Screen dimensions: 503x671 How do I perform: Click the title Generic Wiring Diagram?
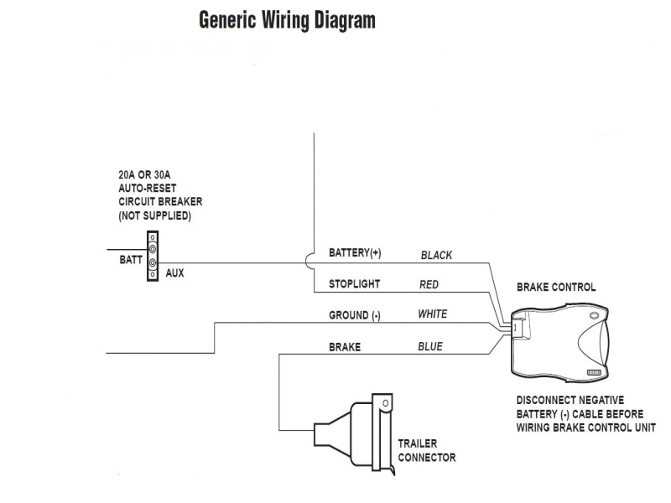pyautogui.click(x=287, y=20)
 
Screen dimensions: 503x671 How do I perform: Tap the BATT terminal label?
pyautogui.click(x=130, y=260)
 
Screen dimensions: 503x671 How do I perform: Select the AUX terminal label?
pyautogui.click(x=174, y=273)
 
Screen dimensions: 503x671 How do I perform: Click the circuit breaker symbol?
pyautogui.click(x=153, y=256)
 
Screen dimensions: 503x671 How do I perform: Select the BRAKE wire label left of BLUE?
pyautogui.click(x=344, y=346)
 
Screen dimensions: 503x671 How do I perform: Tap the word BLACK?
pyautogui.click(x=436, y=255)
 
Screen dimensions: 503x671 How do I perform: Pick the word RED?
pyautogui.click(x=429, y=284)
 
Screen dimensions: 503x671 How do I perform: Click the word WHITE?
pyautogui.click(x=432, y=314)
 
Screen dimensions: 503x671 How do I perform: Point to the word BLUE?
pyautogui.click(x=430, y=346)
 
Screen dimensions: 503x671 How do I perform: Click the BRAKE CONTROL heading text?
pyautogui.click(x=556, y=287)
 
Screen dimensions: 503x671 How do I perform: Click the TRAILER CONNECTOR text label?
pyautogui.click(x=427, y=450)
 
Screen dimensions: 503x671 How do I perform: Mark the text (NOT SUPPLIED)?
pyautogui.click(x=154, y=216)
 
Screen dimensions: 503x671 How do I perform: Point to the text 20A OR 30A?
pyautogui.click(x=145, y=176)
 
